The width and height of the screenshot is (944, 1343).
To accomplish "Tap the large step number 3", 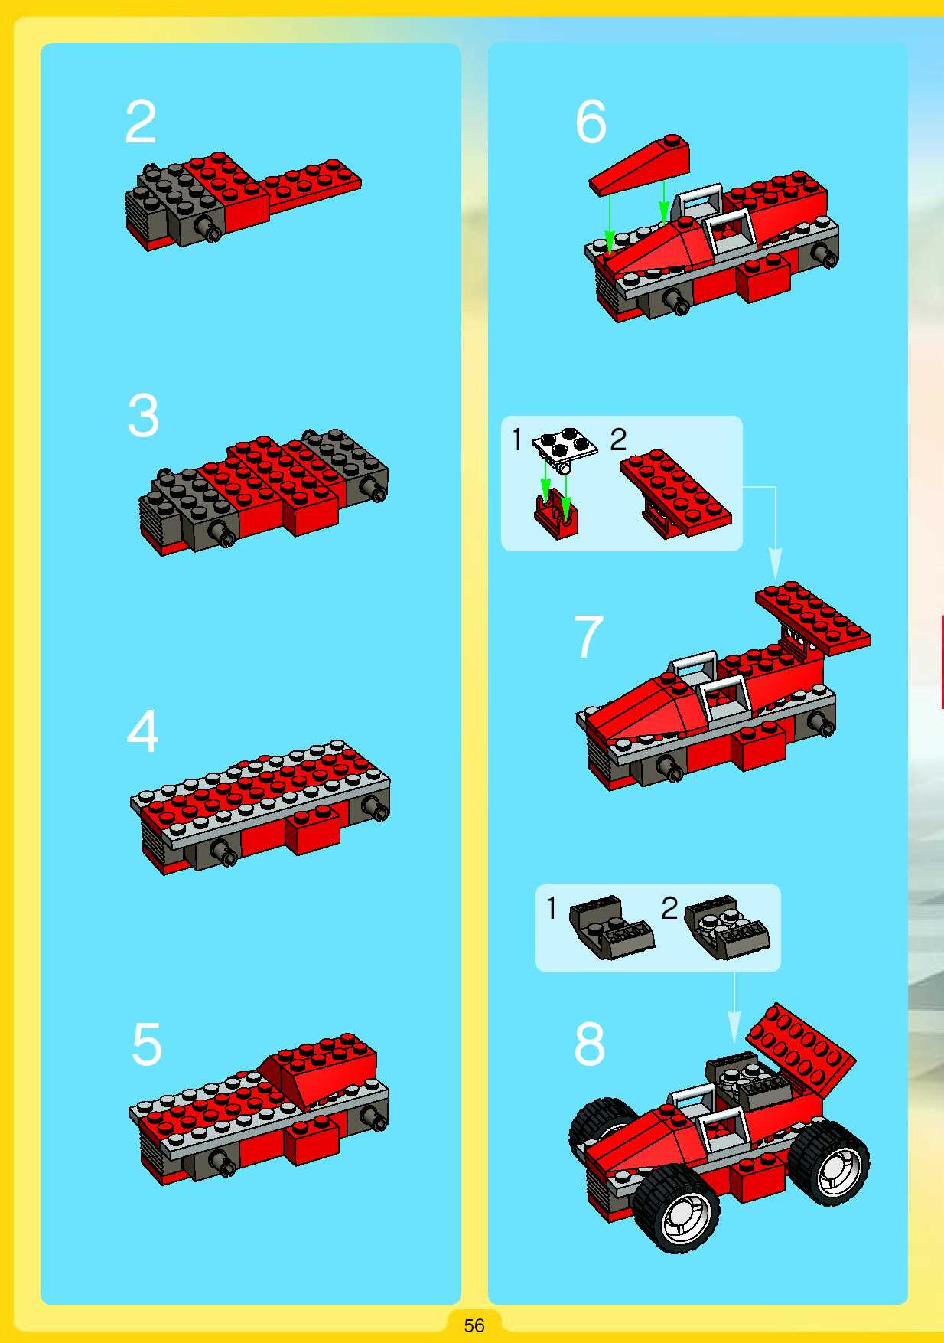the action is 143,415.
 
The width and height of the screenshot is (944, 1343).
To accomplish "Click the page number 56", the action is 474,1325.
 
